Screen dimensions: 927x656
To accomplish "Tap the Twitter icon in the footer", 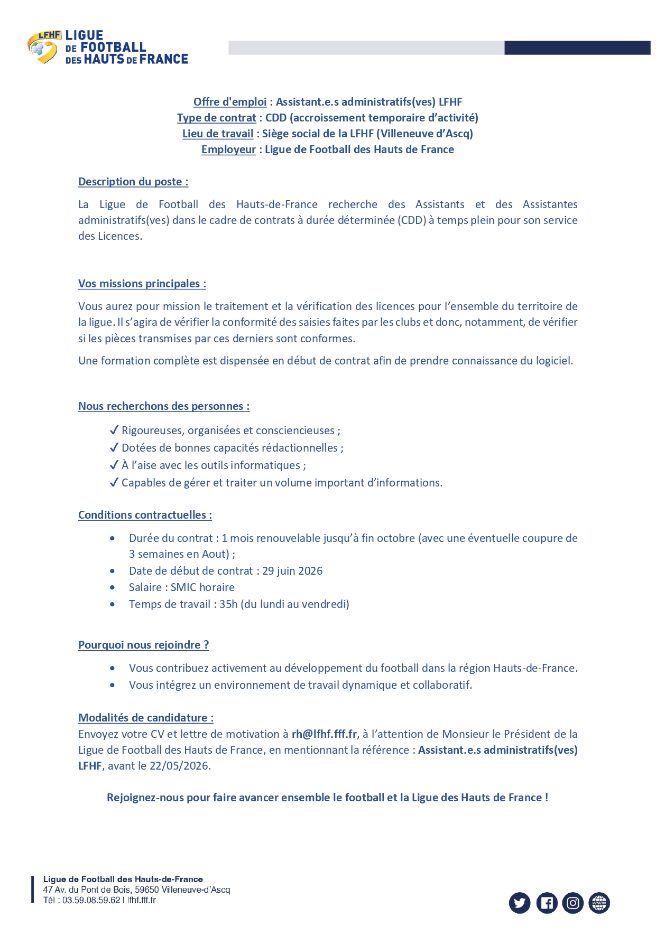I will [x=520, y=903].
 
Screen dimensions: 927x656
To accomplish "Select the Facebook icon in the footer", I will [x=547, y=903].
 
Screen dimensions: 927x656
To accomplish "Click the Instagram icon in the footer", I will [x=573, y=903].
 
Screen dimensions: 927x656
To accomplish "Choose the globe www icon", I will [x=599, y=903].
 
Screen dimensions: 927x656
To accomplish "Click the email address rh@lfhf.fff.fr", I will [x=324, y=734].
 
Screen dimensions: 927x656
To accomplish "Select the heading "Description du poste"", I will [x=133, y=182].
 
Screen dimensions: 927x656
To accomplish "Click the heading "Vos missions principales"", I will [x=142, y=284].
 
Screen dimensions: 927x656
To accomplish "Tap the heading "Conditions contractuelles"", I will [x=145, y=515].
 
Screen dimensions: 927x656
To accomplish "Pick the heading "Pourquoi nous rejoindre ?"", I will [x=143, y=645].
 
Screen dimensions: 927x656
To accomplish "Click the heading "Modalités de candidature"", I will [x=145, y=718].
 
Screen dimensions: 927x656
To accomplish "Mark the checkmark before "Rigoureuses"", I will [x=114, y=430].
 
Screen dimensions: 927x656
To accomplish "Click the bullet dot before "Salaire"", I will [x=113, y=587].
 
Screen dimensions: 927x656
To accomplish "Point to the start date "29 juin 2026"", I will [x=292, y=570].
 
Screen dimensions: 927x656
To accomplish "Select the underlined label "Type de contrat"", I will [x=216, y=118].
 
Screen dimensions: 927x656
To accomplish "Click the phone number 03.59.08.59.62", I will [x=91, y=900].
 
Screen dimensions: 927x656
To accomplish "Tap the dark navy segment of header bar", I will [x=577, y=48].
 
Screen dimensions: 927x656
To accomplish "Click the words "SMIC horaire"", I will [x=202, y=587].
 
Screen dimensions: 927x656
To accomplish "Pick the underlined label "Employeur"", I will [x=228, y=149].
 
